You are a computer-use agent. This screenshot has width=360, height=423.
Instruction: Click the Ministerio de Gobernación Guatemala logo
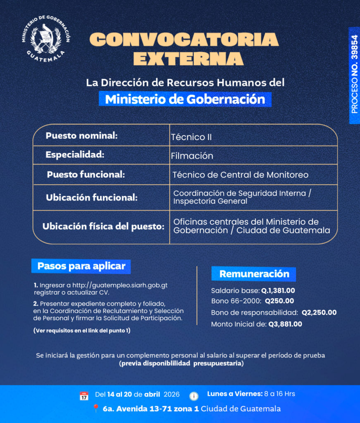pos(46,40)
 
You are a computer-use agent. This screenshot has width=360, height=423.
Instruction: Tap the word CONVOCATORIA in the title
pos(184,40)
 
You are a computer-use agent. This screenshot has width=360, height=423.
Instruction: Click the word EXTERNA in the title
pos(188,58)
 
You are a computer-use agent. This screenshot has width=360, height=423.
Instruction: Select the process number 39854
pos(355,74)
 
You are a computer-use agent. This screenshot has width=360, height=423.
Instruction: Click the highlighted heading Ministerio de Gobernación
pos(185,100)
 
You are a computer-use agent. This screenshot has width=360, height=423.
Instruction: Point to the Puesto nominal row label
pos(81,135)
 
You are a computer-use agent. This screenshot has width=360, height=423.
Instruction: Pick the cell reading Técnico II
pos(191,137)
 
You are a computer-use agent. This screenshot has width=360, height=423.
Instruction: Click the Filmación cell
pos(192,156)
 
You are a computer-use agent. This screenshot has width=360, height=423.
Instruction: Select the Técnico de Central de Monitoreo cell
pos(241,175)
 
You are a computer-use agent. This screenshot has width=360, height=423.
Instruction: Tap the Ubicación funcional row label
pos(91,197)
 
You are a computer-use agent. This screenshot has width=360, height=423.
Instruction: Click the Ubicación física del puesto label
pos(103,227)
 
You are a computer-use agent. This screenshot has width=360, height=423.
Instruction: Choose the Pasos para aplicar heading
pos(81,266)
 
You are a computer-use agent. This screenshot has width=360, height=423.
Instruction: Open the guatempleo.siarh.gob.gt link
pos(120,285)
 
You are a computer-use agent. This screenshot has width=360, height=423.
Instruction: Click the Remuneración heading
pos(254,274)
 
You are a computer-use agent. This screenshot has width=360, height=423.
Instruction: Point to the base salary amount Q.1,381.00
pos(278,290)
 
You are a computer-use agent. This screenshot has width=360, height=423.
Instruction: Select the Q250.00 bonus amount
pos(279,301)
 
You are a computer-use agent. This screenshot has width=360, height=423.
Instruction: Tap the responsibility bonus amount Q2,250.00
pos(319,312)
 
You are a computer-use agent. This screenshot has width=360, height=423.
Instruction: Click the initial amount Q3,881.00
pos(285,324)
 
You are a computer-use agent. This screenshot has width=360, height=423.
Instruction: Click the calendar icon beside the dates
pos(84,395)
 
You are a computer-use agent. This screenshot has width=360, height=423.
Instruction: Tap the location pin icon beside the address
pos(95,409)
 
